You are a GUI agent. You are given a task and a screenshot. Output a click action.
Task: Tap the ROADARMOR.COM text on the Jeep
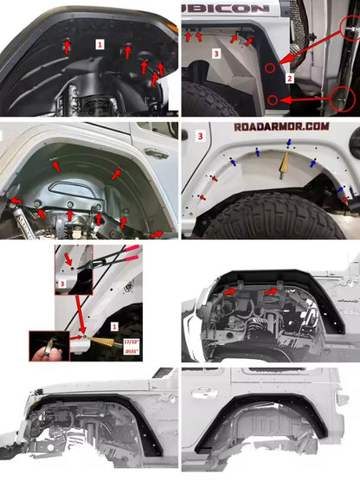[x=282, y=125]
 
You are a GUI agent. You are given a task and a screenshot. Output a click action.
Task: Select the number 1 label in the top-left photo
[x=100, y=42]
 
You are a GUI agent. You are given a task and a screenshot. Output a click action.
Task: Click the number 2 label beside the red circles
[x=291, y=78]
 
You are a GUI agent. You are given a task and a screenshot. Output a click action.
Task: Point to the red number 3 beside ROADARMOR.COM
[x=201, y=136]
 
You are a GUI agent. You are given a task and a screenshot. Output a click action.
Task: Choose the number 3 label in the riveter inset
[x=61, y=282]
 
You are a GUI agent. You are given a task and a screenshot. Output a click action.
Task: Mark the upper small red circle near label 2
[x=271, y=67]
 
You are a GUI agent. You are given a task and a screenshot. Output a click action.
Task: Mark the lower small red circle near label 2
[x=273, y=100]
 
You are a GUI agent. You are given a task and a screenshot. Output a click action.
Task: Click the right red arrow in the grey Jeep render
[x=271, y=293]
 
